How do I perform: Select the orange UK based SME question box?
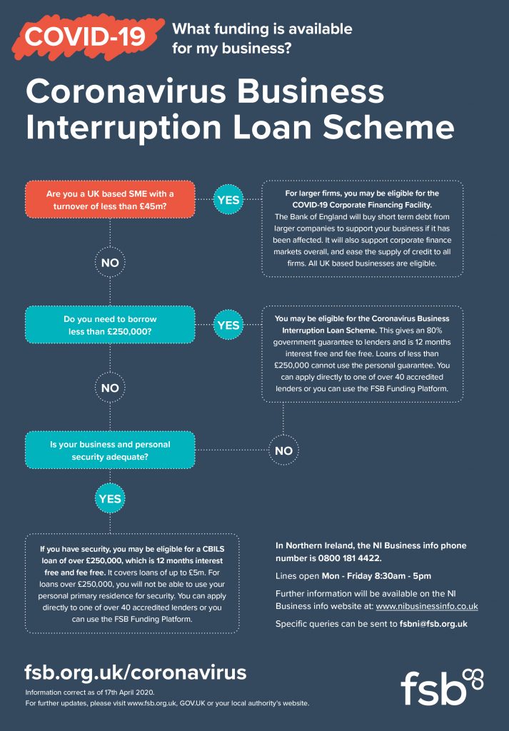tap(110, 200)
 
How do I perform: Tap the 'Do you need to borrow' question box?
tap(110, 325)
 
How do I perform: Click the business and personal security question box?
tap(110, 450)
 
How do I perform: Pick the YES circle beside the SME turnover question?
tap(228, 200)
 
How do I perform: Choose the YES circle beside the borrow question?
tap(228, 325)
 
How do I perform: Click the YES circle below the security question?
tap(110, 498)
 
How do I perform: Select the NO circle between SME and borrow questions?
tap(110, 263)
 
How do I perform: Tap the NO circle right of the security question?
tap(283, 450)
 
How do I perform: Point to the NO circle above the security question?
tap(110, 388)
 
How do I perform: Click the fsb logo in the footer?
tap(442, 687)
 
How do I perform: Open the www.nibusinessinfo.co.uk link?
tap(426, 607)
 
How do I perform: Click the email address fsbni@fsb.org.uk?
tap(433, 624)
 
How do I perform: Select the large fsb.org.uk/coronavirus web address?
tap(135, 672)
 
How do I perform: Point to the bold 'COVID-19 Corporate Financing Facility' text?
tap(362, 205)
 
